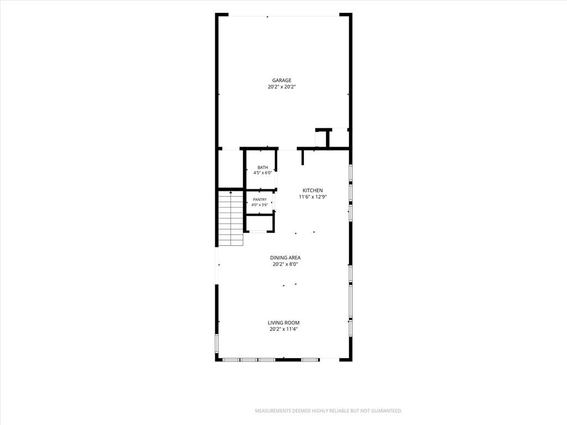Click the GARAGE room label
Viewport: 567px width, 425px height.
[282, 80]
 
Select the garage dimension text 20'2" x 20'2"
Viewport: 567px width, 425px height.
[282, 87]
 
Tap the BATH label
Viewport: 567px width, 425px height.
[263, 167]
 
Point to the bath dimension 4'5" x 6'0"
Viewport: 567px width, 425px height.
[262, 173]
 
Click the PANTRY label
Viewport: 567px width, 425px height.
[260, 199]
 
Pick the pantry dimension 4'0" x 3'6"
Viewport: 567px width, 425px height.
[260, 205]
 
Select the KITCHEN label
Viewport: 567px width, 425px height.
[313, 190]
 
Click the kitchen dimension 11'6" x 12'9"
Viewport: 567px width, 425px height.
[313, 197]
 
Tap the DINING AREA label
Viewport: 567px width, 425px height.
[285, 258]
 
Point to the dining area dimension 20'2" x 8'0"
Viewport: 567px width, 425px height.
[285, 264]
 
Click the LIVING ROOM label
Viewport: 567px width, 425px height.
[283, 323]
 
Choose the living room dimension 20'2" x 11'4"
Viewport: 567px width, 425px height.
[283, 329]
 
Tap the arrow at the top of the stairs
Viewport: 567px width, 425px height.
[231, 192]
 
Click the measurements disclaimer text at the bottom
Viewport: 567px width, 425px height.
[328, 411]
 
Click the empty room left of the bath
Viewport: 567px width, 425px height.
[231, 169]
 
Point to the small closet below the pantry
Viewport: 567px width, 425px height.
[259, 224]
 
